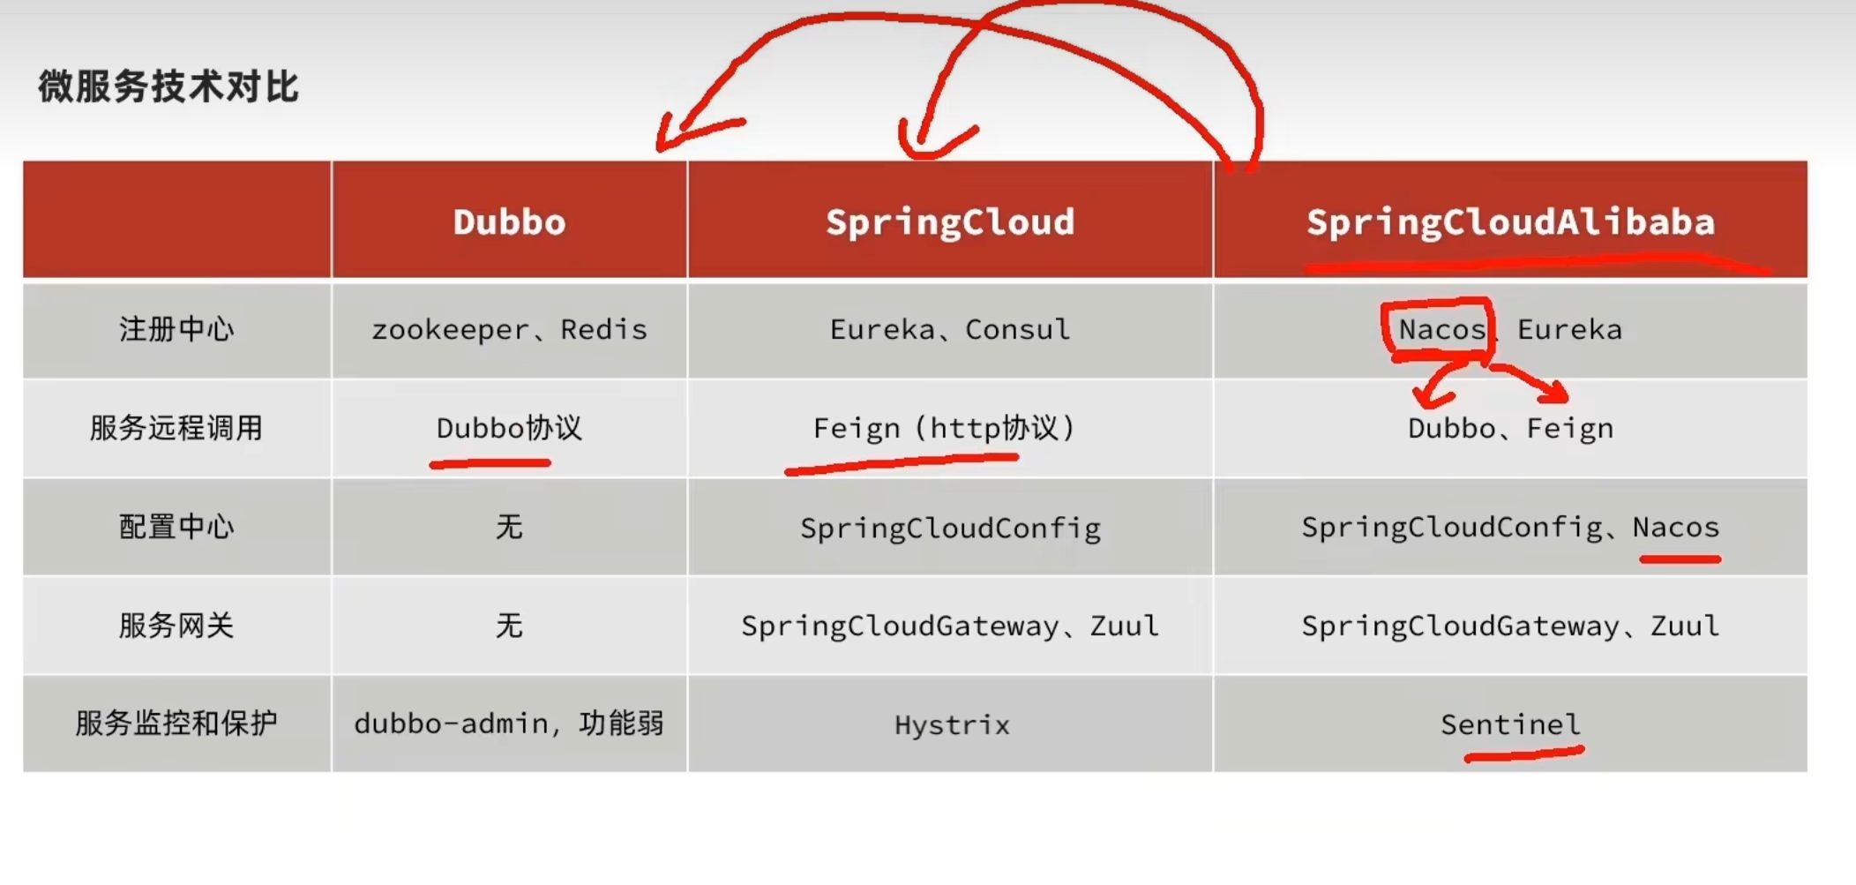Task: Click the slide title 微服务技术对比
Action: tap(168, 87)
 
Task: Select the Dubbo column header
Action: tap(509, 222)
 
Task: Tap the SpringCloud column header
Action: tap(950, 222)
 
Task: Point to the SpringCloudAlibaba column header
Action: tap(1510, 222)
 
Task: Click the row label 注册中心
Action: tap(176, 330)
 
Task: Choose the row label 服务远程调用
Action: tap(176, 429)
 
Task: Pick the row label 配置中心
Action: tap(176, 528)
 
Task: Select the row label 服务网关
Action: tap(176, 626)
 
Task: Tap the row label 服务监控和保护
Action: tap(176, 724)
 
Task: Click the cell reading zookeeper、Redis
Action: tap(509, 330)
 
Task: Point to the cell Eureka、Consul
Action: tap(950, 330)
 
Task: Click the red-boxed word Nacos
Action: tap(1441, 330)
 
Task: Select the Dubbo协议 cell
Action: tap(509, 429)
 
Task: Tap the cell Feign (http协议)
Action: tap(944, 429)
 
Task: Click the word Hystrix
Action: tap(952, 725)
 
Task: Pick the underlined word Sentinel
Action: tap(1510, 725)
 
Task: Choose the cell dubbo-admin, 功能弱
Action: tap(509, 724)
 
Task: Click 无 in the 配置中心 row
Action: tap(509, 528)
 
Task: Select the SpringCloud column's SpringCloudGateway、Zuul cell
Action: tap(950, 626)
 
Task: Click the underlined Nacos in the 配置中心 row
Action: tap(1675, 528)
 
